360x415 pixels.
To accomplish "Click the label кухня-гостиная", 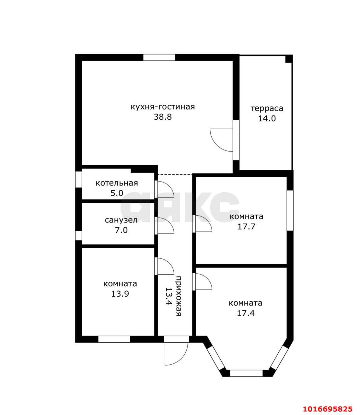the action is coord(163,107).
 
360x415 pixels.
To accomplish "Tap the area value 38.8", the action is coord(163,117).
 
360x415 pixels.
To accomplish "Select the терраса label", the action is coord(267,109).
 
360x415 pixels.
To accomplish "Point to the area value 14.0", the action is coord(267,119).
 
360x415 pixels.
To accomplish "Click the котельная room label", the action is coord(117,183).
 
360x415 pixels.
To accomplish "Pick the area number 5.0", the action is coord(117,193).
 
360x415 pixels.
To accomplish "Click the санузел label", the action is coord(121,220).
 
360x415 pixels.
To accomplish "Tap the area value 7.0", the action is coord(121,230).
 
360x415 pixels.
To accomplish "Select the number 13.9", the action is coord(120,294).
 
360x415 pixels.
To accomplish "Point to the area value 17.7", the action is coord(246,227).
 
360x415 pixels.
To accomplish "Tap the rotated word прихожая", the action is coord(178,296).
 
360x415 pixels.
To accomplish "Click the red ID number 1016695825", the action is coord(328,403).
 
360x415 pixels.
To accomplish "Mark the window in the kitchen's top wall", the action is coord(159,57).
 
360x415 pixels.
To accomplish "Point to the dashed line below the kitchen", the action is coord(175,174).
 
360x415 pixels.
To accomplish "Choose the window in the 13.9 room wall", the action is coord(114,339).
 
